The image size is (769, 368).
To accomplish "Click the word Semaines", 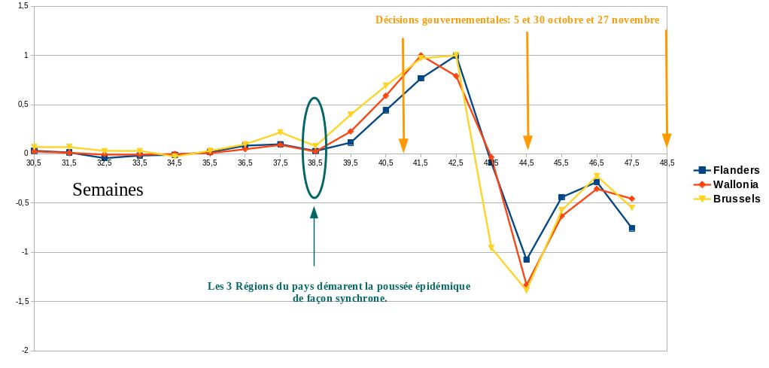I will [108, 190].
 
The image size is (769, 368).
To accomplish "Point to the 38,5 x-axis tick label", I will [315, 163].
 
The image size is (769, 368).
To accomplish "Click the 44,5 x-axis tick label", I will [527, 163].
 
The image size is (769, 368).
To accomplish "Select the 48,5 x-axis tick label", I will [667, 163].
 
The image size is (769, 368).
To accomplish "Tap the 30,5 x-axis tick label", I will [34, 163].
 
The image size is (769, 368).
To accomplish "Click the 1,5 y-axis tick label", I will [22, 6].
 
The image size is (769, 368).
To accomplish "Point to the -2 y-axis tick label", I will [24, 351].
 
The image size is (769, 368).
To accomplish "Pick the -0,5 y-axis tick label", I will [21, 203].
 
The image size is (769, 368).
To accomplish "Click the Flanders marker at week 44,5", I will [527, 260].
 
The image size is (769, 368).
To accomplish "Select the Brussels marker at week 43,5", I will [491, 248].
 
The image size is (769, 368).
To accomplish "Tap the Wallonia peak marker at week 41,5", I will [421, 56].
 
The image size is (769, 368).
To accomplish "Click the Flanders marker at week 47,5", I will [632, 228].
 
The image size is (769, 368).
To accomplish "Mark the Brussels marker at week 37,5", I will [280, 132].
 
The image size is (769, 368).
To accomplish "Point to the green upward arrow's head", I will [314, 213].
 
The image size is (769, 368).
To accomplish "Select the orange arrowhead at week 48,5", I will [667, 141].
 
